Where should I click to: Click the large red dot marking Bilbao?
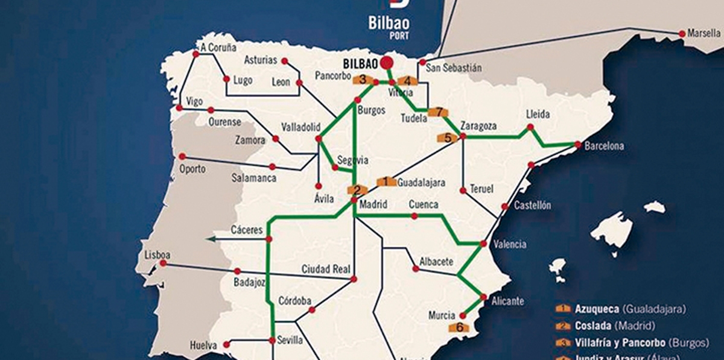tap(387, 62)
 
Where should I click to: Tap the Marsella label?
tap(703, 34)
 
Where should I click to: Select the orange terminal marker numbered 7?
tap(439, 112)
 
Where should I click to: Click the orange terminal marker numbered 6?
tap(459, 327)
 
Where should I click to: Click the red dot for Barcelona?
tap(577, 145)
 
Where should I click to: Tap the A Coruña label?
tap(218, 48)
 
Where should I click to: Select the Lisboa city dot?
tap(162, 263)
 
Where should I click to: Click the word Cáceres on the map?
tap(247, 230)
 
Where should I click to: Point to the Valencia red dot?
tap(483, 244)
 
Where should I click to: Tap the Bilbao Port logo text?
tap(389, 24)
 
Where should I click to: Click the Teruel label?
tap(481, 189)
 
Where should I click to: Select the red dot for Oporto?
tap(182, 156)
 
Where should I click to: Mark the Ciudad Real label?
tap(325, 269)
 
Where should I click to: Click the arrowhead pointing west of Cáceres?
tap(209, 240)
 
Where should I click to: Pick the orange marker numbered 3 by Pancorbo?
tap(363, 80)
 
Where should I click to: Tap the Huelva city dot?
tap(227, 344)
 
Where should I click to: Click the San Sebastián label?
tap(454, 68)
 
